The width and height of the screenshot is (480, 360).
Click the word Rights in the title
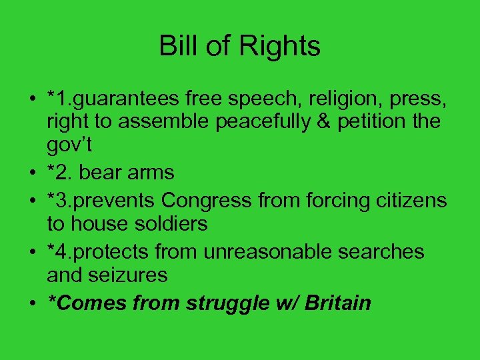click(x=283, y=47)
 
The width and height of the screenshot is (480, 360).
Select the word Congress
click(x=211, y=199)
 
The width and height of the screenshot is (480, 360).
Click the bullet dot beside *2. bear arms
click(x=32, y=173)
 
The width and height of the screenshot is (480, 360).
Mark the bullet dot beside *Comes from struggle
click(x=32, y=303)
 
